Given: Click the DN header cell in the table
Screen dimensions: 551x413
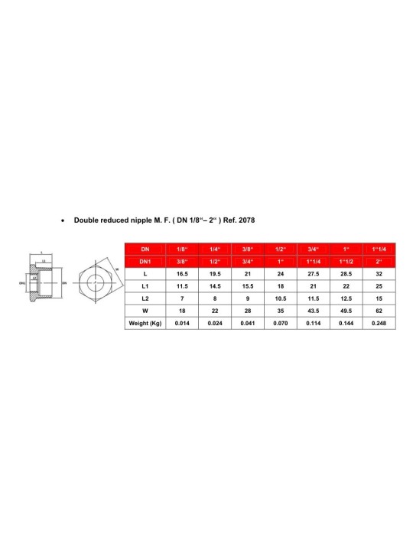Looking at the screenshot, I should (x=145, y=249).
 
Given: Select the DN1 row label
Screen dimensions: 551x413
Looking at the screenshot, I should (x=145, y=262).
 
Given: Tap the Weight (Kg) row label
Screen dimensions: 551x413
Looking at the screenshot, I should (x=145, y=323).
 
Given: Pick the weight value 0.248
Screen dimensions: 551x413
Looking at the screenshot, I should (x=378, y=323).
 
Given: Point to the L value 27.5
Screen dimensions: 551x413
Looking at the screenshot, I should (x=312, y=274).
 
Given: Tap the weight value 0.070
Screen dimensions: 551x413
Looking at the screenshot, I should (x=280, y=323).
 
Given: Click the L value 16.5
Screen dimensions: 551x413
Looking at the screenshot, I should (x=181, y=274).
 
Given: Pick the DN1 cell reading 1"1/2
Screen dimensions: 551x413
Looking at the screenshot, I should (x=345, y=262).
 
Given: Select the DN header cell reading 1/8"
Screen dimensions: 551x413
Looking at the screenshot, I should (x=181, y=249).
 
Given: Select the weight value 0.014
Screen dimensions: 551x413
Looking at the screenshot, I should (x=181, y=323).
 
